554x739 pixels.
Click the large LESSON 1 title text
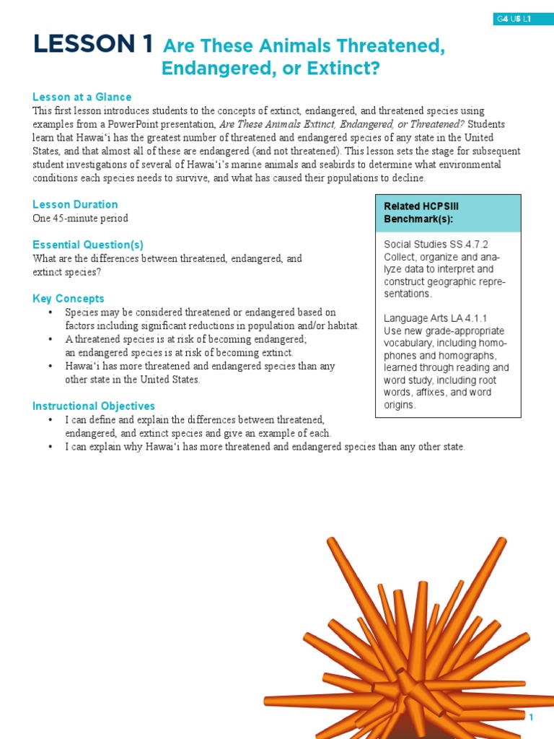[x=92, y=45]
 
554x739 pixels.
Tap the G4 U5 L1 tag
[x=514, y=19]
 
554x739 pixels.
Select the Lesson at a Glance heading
[x=82, y=97]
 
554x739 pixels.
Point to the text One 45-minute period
[x=80, y=218]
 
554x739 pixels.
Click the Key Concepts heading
[x=69, y=298]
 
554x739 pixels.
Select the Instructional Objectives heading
[x=94, y=406]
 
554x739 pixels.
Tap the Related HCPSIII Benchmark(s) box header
[x=447, y=212]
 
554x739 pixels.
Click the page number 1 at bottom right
[x=531, y=717]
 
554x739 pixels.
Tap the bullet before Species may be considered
[x=50, y=312]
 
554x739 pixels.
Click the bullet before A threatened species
[x=50, y=339]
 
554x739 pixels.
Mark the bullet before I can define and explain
[x=50, y=420]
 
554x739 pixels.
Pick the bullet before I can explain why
[x=50, y=447]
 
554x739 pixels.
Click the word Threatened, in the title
[x=394, y=46]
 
